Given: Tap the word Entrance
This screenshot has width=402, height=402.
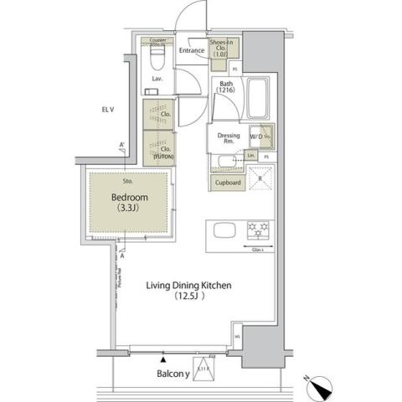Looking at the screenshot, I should pyautogui.click(x=192, y=51).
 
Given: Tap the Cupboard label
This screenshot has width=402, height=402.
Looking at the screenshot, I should pyautogui.click(x=229, y=182).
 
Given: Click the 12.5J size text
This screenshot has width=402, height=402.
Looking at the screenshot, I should pyautogui.click(x=191, y=296).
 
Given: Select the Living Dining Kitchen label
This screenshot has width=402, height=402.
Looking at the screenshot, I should pyautogui.click(x=190, y=285).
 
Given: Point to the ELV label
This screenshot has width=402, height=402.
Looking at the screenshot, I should pyautogui.click(x=108, y=109).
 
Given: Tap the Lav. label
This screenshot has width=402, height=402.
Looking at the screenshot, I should pyautogui.click(x=157, y=80).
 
